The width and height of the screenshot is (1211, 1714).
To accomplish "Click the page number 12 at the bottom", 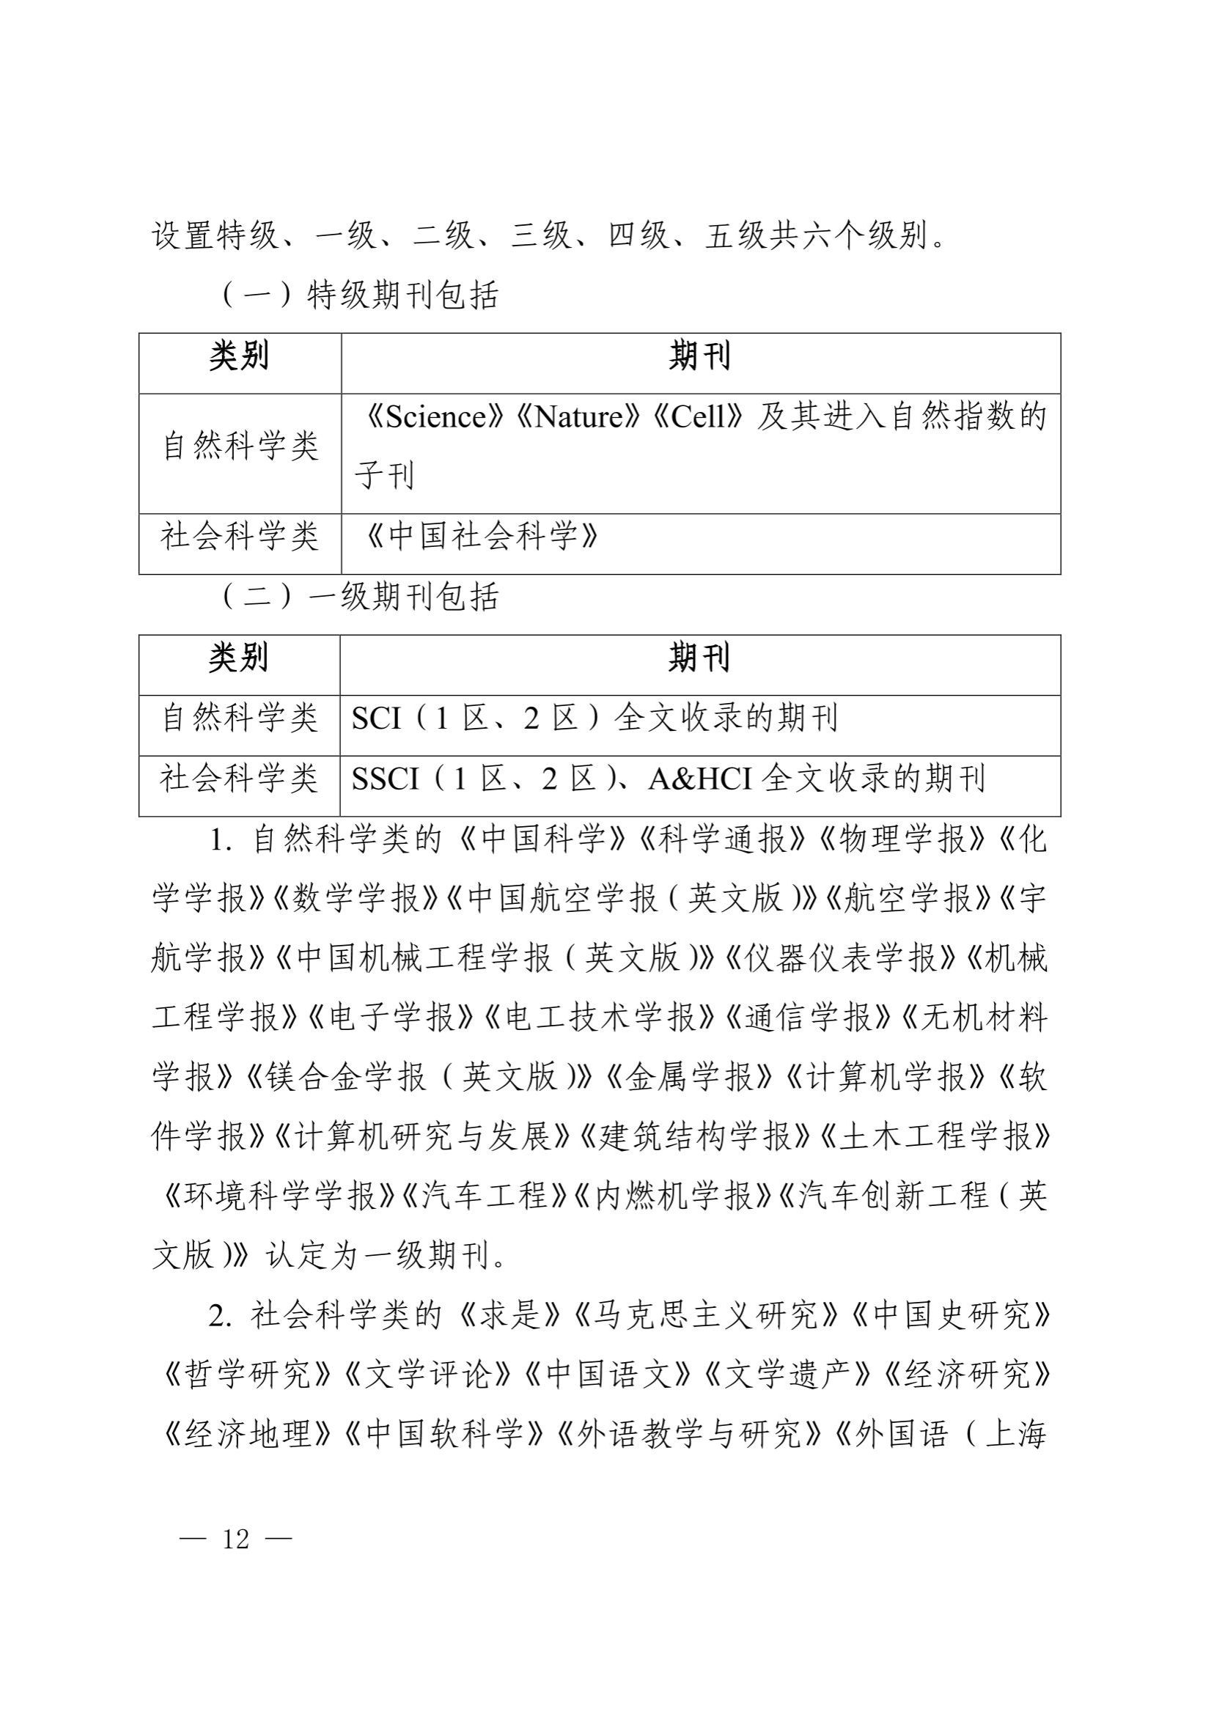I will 235,1540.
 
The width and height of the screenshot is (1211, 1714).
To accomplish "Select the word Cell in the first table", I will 697,416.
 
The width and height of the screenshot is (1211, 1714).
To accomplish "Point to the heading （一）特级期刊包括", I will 360,295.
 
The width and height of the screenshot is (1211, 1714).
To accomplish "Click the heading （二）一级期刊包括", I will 360,597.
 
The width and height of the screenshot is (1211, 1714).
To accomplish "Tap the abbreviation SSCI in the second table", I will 386,779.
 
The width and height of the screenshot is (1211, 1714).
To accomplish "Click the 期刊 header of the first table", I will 699,356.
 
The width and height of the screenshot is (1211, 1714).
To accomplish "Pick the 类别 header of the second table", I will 238,658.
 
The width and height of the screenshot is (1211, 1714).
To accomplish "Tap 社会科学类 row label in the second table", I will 240,779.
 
